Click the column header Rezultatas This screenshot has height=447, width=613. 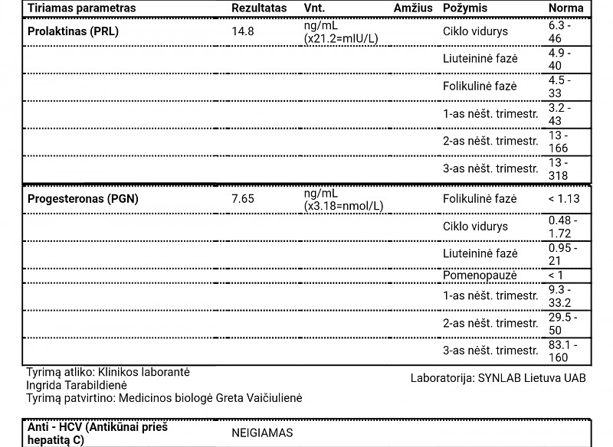point(259,8)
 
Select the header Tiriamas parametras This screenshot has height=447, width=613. point(81,8)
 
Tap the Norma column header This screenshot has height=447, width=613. point(565,8)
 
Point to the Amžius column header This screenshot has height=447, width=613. point(414,8)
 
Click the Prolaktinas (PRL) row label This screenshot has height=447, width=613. point(73,31)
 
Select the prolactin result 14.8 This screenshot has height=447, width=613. point(242,31)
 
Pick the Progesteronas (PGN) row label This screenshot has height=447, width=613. point(83,199)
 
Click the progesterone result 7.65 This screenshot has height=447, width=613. point(243,199)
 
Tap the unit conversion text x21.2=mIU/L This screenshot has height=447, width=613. point(341,38)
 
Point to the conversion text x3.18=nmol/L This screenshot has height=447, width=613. point(344,206)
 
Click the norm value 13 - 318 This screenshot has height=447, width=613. point(559,169)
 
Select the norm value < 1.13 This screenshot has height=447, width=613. point(564,199)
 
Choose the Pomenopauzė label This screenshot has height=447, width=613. point(480,275)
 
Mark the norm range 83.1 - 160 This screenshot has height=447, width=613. point(563,351)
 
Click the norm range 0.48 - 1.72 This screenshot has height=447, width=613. point(562,227)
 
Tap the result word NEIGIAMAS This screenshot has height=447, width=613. point(262,432)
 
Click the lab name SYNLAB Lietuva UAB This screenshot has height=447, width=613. point(531,377)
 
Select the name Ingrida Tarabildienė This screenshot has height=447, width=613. point(77,385)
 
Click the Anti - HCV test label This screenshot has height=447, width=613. point(97,433)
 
